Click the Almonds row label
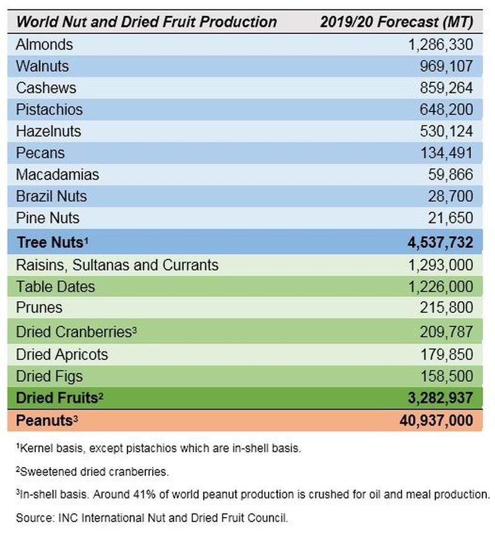pos(45,45)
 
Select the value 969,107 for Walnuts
pos(444,66)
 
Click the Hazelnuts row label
pos(49,131)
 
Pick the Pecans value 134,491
pos(444,153)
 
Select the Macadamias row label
pos(58,175)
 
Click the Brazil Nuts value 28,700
pos(450,196)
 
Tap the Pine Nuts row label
pos(48,218)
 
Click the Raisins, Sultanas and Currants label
pos(118,265)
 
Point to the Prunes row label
pos(40,307)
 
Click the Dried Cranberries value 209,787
pos(444,332)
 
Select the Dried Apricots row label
pos(62,354)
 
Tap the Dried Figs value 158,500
pos(444,376)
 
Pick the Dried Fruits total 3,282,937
pos(436,398)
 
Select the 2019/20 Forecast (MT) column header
pos(397,22)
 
